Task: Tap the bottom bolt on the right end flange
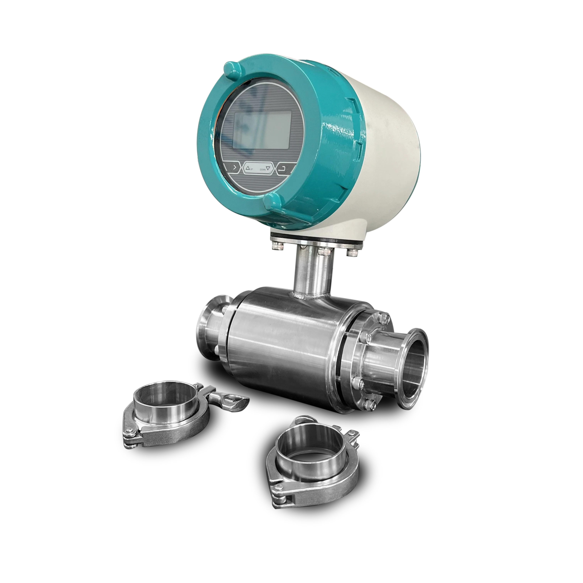[x=370, y=402]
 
